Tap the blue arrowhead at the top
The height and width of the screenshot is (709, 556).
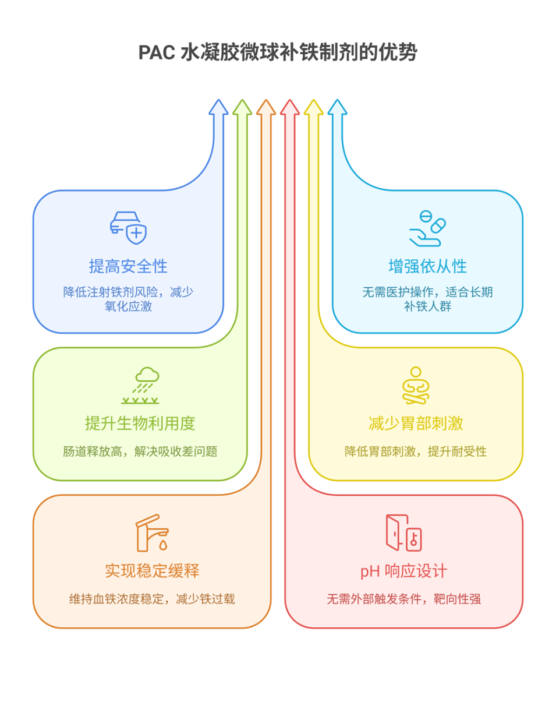click(x=218, y=108)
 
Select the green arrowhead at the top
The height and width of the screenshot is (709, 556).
click(x=242, y=108)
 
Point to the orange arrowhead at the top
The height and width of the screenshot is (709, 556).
click(x=266, y=108)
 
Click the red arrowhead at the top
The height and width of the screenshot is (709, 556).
click(x=289, y=108)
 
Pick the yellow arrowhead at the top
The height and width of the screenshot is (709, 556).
click(x=313, y=108)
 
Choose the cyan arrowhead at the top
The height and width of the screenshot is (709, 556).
click(x=337, y=108)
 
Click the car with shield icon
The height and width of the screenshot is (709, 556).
click(x=128, y=227)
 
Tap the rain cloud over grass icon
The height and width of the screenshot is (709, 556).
click(x=140, y=385)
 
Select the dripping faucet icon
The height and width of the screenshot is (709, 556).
click(x=152, y=532)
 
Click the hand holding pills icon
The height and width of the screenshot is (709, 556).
click(x=427, y=227)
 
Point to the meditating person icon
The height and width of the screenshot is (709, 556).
click(x=416, y=385)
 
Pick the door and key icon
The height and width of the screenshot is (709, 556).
click(x=403, y=532)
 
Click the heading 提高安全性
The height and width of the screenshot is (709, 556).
click(x=128, y=267)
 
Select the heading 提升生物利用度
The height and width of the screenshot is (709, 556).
click(x=140, y=424)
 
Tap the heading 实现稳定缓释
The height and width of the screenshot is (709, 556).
click(x=152, y=571)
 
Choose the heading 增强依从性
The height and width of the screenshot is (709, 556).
click(x=427, y=267)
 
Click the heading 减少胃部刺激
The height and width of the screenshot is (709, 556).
click(x=416, y=424)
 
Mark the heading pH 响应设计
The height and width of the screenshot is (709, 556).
click(x=403, y=571)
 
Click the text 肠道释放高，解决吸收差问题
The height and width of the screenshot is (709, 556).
click(x=140, y=451)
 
